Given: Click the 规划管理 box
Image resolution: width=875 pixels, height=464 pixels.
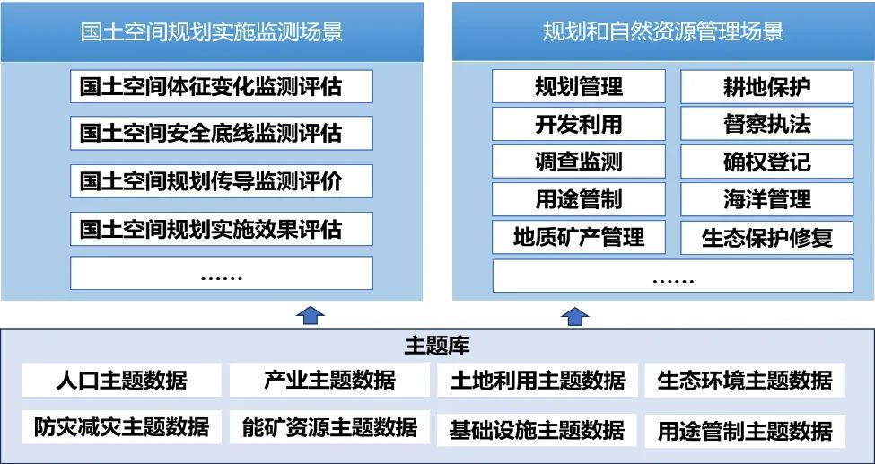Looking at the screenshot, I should point(579,87).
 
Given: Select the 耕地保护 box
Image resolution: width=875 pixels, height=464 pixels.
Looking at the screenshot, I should point(766,87).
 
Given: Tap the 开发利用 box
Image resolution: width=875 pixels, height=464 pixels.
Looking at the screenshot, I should point(579,124).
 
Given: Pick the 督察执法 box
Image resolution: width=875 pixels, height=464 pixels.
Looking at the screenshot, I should point(766,124).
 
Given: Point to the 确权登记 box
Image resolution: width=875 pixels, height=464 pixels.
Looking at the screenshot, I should point(766,162).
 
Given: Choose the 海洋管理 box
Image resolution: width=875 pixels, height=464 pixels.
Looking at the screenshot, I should point(766,199).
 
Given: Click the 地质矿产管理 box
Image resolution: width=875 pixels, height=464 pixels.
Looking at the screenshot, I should point(579,237).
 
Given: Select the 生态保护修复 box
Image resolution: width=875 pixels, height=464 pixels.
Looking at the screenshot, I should point(766,238).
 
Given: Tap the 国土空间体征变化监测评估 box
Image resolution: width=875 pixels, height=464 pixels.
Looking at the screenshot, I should point(221,87).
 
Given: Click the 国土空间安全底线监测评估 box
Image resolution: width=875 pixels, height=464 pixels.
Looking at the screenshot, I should point(221,133).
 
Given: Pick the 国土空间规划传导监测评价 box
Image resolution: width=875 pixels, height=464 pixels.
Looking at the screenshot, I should point(221,179).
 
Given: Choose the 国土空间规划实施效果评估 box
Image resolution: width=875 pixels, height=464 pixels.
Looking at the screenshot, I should point(221,227).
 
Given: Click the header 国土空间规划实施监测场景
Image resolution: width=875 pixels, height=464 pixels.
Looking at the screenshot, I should point(212,32).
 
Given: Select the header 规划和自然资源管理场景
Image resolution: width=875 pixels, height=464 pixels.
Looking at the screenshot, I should point(663,32).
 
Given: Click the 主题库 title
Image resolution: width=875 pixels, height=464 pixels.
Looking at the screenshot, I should point(437,346).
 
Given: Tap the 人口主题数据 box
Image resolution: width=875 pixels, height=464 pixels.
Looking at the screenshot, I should point(121,380).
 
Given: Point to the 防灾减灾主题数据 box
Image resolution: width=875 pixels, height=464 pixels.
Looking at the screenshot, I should point(121,427).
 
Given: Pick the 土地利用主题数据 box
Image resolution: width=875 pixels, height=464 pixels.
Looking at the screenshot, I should point(538,380).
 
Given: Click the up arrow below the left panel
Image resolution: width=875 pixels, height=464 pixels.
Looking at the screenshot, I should point(311,314).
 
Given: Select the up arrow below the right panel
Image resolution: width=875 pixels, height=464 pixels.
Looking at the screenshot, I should point(574,315).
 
